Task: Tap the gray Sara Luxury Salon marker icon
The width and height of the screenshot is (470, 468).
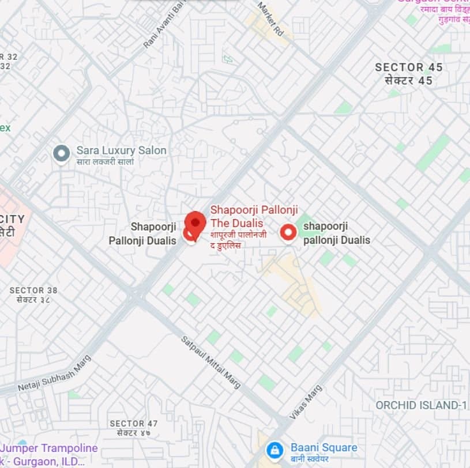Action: click(61, 153)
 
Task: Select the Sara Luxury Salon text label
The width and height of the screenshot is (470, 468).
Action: click(121, 150)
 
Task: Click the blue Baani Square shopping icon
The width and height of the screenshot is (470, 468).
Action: click(275, 450)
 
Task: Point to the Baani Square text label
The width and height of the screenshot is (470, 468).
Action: click(324, 447)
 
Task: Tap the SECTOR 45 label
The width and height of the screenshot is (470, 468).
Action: click(409, 67)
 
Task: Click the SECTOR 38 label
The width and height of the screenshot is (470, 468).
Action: click(35, 290)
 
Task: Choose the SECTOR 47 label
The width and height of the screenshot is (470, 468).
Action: click(134, 424)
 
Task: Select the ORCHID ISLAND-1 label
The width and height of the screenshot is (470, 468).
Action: click(421, 405)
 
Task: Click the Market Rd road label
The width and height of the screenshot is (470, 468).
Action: click(272, 20)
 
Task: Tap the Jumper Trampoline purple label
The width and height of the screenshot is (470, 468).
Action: click(49, 448)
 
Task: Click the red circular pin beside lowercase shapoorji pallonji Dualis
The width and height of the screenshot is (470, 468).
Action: click(288, 232)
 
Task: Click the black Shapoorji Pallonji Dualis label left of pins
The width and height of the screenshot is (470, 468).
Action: click(142, 233)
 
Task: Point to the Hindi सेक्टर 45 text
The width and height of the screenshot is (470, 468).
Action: click(408, 81)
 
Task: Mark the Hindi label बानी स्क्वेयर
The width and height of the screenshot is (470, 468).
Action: click(310, 459)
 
